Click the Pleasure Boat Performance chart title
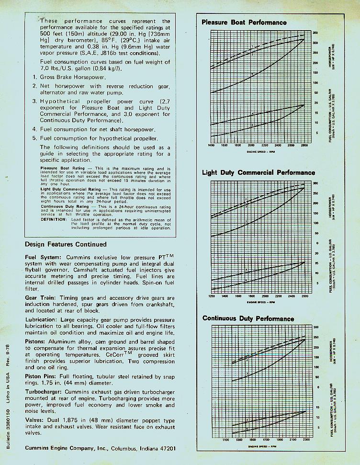[x=244, y=23]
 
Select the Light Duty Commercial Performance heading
[x=259, y=173]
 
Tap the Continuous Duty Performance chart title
[x=248, y=318]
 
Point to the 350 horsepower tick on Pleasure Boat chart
[x=315, y=33]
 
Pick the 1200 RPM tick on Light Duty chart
[x=212, y=296]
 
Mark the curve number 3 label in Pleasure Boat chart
[x=252, y=75]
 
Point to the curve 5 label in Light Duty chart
[x=246, y=280]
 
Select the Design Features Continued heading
[x=66, y=244]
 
